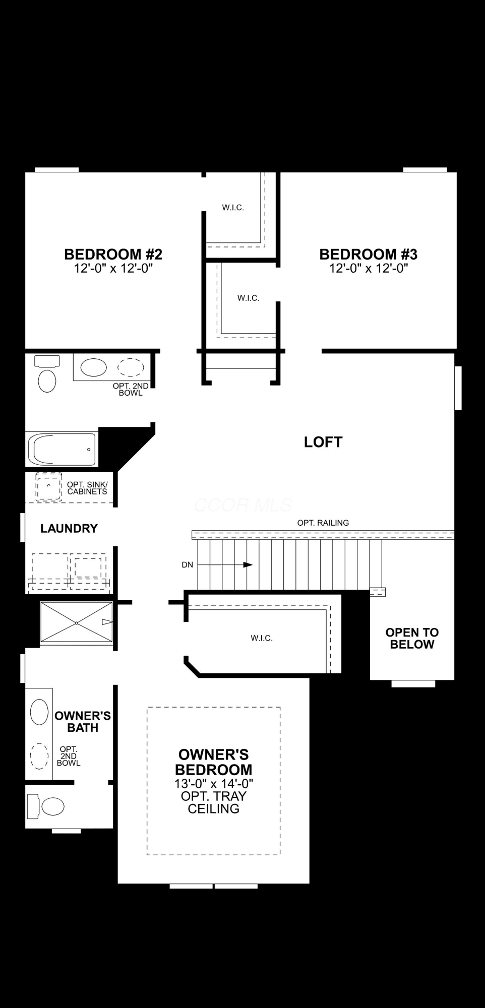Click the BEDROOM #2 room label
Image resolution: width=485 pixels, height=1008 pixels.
[x=113, y=254]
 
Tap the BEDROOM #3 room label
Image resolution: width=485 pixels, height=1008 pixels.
[x=369, y=254]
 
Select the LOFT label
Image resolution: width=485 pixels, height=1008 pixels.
[x=323, y=442]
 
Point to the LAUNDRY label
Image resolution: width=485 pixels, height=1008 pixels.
[x=69, y=528]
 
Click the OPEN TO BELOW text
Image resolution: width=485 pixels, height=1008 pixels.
[x=412, y=638]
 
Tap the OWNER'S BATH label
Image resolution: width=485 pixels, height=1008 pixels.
[x=83, y=722]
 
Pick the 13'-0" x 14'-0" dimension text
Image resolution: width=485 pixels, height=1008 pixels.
[x=214, y=783]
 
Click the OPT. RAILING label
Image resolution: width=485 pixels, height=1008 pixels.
[x=323, y=523]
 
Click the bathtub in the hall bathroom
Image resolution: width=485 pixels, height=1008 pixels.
[x=62, y=449]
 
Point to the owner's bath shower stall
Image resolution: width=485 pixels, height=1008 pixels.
[x=76, y=623]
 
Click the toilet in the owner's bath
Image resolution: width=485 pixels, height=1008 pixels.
[x=46, y=806]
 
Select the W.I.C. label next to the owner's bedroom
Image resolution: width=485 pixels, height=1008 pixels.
[x=262, y=638]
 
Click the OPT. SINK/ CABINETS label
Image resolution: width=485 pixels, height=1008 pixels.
[x=87, y=488]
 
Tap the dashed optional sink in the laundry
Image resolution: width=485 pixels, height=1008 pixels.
[x=48, y=487]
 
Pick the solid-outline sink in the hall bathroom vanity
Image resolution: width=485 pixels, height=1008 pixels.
[x=94, y=367]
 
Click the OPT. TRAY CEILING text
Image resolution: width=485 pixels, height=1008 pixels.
[x=214, y=802]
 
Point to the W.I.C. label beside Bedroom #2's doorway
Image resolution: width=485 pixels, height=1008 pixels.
[x=233, y=207]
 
